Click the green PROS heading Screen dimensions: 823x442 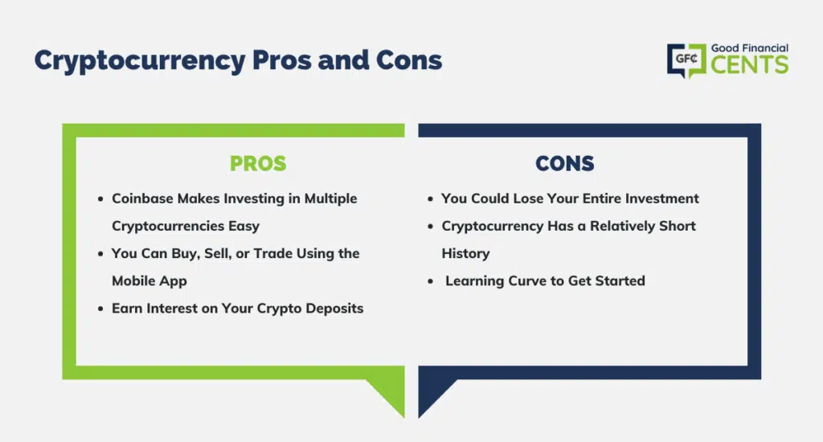tap(258, 163)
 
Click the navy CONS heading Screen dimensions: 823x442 tap(565, 163)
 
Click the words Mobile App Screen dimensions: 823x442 tap(149, 280)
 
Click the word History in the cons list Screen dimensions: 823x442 tap(465, 253)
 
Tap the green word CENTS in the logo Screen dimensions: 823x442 tap(750, 64)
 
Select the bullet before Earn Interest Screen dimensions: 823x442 tap(100, 309)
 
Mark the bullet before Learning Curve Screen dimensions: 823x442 tap(431, 281)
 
